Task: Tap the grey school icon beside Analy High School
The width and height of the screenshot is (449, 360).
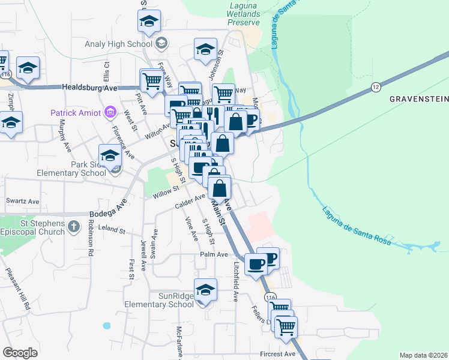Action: (x=161, y=43)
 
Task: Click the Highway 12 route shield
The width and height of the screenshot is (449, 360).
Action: (x=376, y=86)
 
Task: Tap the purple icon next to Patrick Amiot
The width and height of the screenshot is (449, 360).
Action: (x=110, y=112)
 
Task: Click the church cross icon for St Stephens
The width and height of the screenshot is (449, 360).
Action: (x=73, y=227)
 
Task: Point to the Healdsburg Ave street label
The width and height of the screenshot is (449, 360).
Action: (x=91, y=88)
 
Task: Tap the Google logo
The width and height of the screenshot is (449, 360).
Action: (x=20, y=353)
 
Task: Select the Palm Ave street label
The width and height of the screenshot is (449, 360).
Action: (x=214, y=254)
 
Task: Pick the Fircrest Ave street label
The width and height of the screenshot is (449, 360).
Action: (x=278, y=354)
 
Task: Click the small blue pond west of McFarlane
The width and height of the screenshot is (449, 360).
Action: (x=107, y=326)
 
